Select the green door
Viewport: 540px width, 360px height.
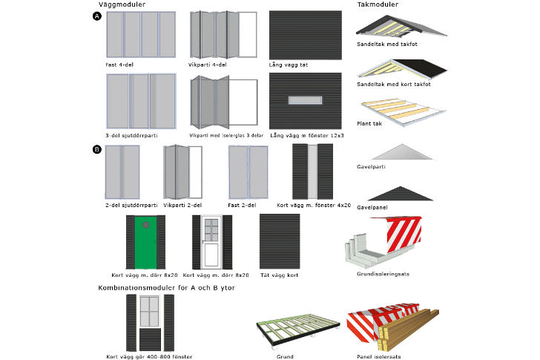point(146,243)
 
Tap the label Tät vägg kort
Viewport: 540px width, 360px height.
point(279,275)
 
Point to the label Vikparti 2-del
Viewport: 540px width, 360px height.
point(184,204)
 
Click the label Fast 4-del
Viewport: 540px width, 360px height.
point(120,65)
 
